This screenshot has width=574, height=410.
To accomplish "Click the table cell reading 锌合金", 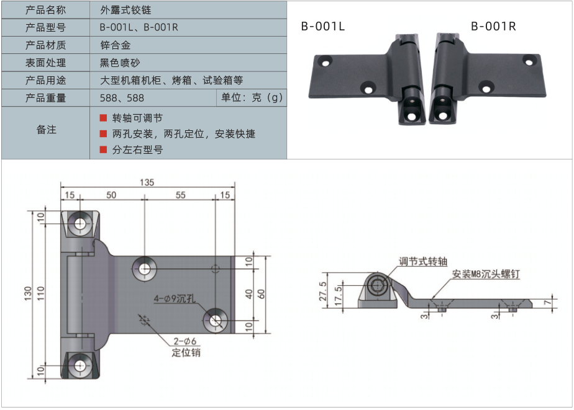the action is point(115,45).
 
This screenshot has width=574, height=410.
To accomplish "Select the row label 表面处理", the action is point(45,63).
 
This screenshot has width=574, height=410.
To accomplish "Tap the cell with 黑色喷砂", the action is point(120,63).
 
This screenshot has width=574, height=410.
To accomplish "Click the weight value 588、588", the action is point(122,98).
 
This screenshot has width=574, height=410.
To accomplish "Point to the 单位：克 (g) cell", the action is point(252,97).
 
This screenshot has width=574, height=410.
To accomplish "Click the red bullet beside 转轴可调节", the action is point(103,118).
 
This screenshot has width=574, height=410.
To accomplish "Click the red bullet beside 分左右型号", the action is point(103,149).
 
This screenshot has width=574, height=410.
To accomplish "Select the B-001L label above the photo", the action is point(322,26).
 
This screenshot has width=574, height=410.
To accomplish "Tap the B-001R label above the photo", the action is point(493,26).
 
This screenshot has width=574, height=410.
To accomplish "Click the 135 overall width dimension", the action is point(147,182).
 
